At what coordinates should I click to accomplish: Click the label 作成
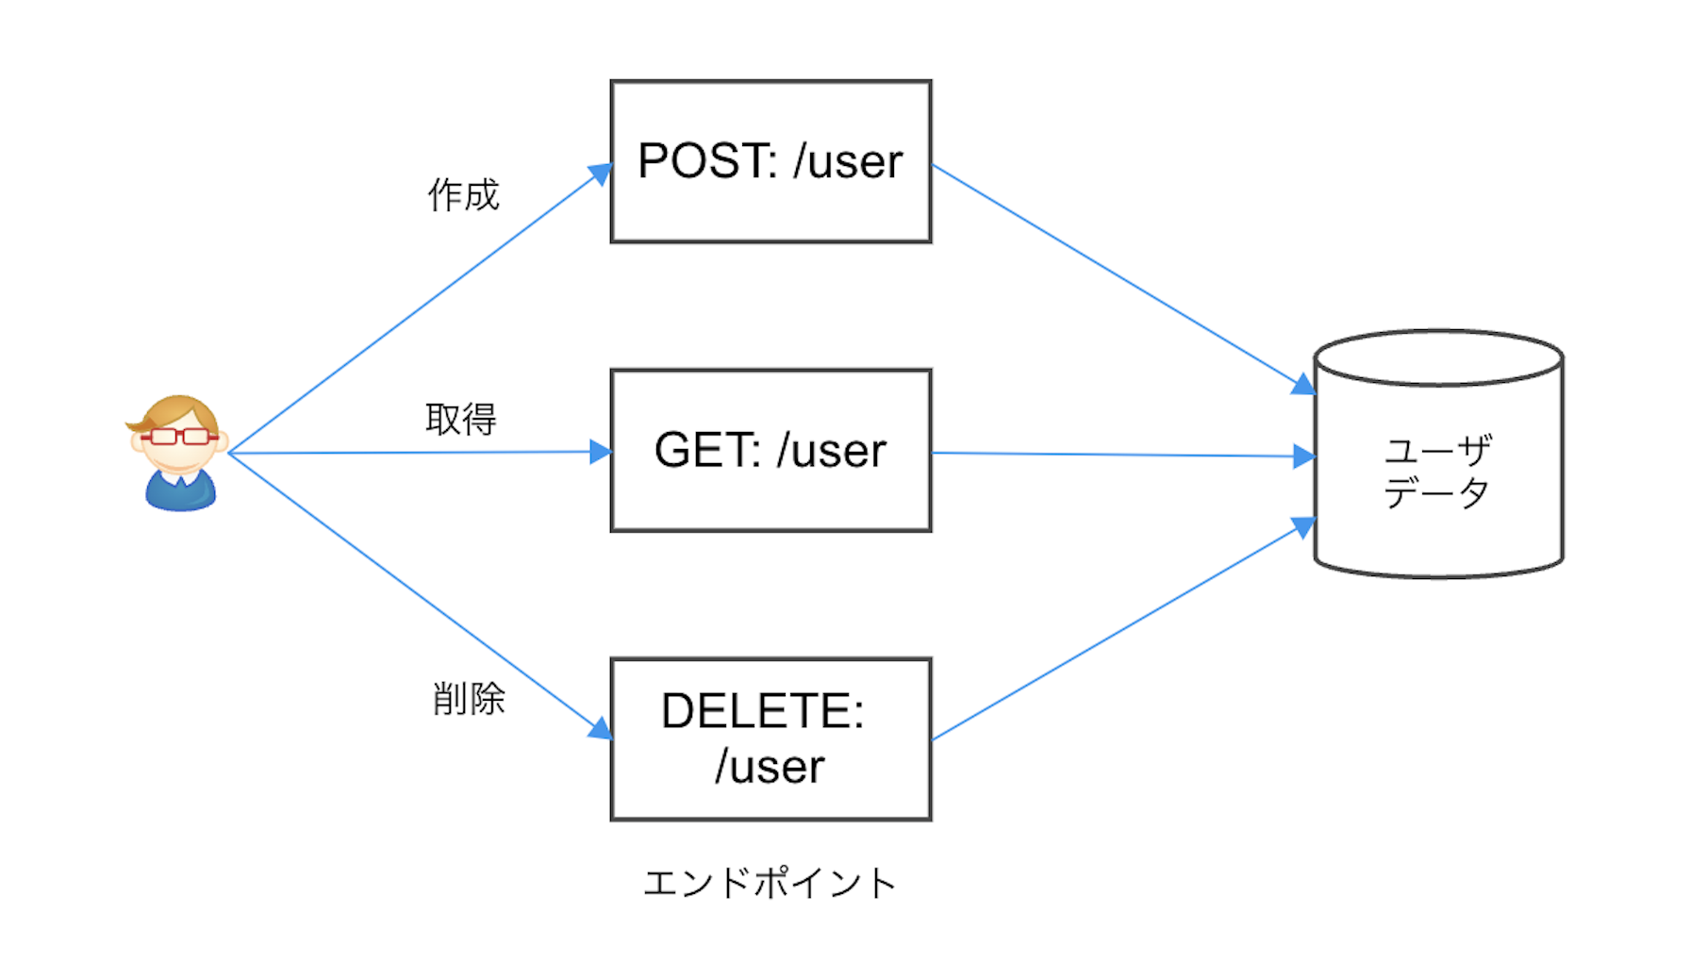coord(463,195)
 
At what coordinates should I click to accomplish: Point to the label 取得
coord(460,419)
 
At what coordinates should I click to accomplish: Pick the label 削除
coord(469,699)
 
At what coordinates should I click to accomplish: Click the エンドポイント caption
coord(770,884)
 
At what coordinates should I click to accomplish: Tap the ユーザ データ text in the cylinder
coord(1437,472)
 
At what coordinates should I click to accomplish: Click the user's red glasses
coord(179,436)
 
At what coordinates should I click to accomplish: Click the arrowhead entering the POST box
coord(601,174)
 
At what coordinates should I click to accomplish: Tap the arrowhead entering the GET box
coord(601,452)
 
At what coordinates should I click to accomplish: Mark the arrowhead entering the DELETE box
coord(601,729)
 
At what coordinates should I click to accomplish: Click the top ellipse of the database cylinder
coord(1437,357)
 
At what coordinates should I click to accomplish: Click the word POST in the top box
coord(705,161)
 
